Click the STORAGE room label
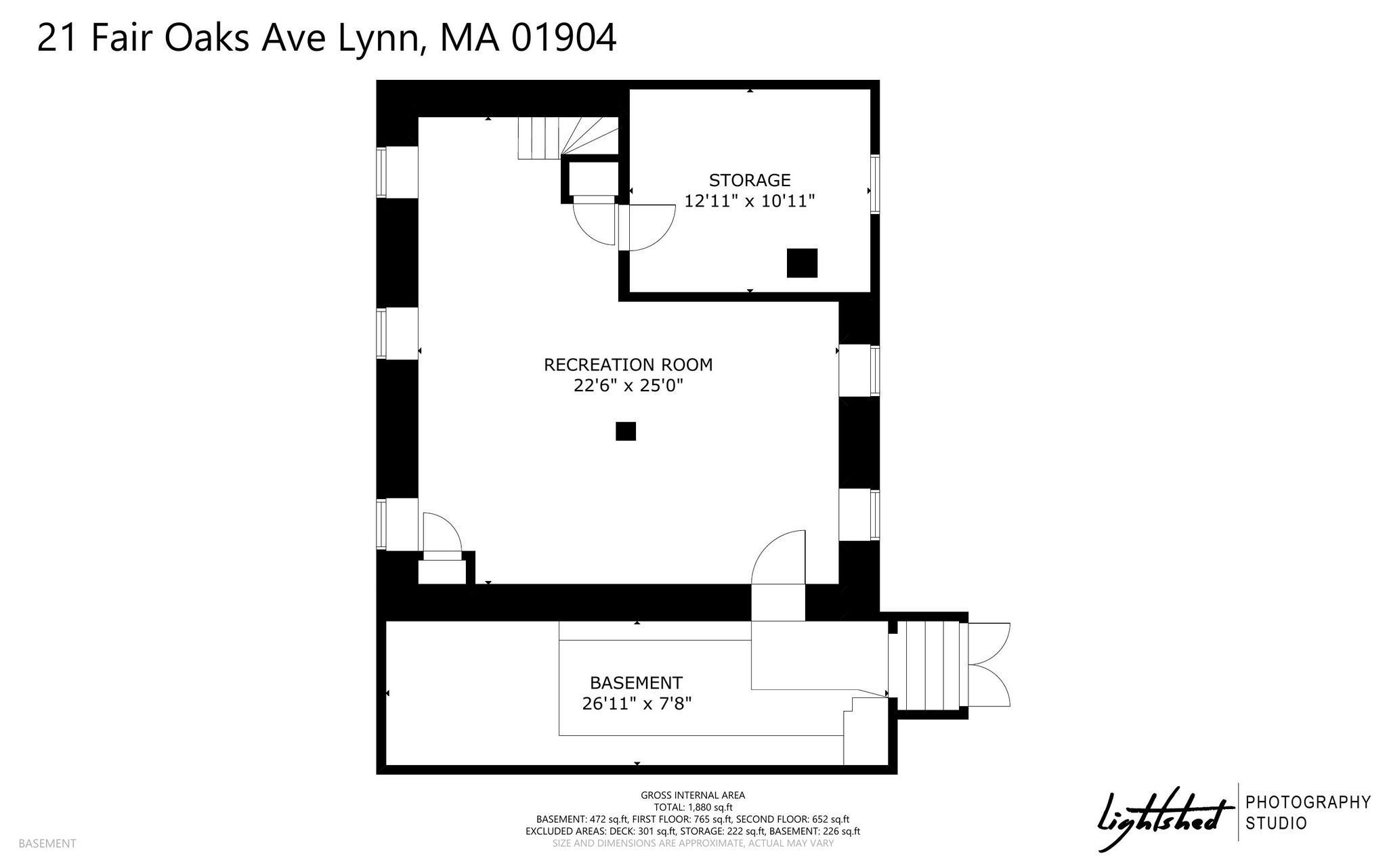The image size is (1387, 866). [x=750, y=180]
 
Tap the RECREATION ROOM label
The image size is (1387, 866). [x=628, y=365]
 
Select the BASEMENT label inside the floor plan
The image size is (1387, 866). [x=636, y=683]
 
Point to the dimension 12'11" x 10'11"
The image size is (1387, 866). [x=749, y=201]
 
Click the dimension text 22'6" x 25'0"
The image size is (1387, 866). [x=628, y=386]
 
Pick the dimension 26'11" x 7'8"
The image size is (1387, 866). [x=637, y=704]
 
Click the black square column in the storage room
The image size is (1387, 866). [x=802, y=263]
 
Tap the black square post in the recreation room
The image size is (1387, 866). [x=626, y=431]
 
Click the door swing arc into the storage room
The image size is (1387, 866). [x=660, y=234]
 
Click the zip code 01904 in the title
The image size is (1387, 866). [x=563, y=38]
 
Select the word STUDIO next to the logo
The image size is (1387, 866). [x=1277, y=823]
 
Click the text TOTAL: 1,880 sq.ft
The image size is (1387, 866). [x=693, y=807]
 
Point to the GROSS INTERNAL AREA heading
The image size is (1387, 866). [x=693, y=796]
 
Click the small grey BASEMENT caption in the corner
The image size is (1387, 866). [x=47, y=844]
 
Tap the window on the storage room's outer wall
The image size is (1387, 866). [x=875, y=184]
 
